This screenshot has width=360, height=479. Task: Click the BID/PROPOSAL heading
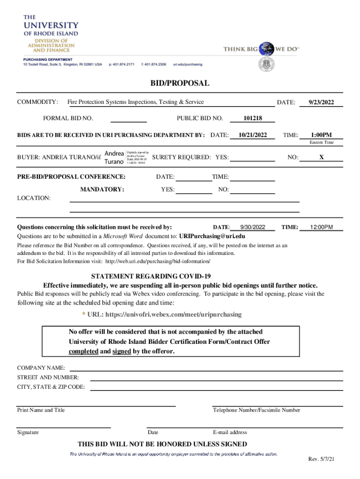tap(180, 83)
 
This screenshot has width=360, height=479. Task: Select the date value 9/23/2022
tap(321, 102)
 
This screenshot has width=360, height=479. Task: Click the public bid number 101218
tap(253, 118)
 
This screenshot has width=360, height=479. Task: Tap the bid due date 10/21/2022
tap(252, 135)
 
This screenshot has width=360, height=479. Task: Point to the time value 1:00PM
tap(321, 135)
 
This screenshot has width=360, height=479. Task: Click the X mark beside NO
tap(321, 158)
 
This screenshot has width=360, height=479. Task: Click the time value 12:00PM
tap(321, 227)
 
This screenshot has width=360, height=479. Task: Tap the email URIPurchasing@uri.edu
tap(212, 236)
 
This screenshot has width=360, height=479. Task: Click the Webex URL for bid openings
tap(173, 314)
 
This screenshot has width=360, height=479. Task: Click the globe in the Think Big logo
tap(267, 49)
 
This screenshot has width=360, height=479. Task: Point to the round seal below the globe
tap(266, 64)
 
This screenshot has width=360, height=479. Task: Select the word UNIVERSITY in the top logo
tap(51, 25)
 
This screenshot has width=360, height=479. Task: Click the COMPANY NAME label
tap(41, 368)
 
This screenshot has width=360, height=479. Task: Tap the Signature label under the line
tap(28, 432)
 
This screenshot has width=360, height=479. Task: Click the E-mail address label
tap(230, 432)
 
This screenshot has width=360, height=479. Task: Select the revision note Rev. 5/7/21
tap(321, 459)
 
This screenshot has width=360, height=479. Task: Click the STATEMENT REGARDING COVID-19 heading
tap(180, 276)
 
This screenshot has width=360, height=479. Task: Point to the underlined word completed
tap(83, 351)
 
